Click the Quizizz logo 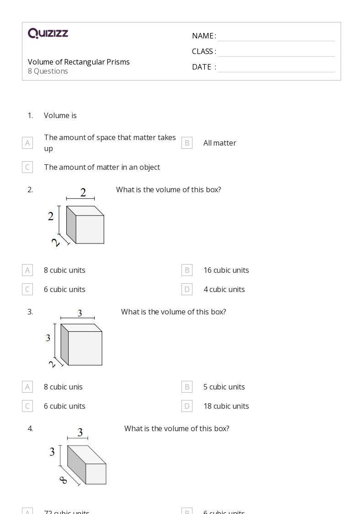[48, 33]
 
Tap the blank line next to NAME [276, 37]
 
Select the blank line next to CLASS [276, 52]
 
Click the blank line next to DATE [276, 68]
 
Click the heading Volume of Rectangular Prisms [79, 62]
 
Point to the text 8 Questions [48, 71]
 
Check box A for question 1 [27, 143]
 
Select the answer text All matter [219, 143]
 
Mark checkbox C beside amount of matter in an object [27, 167]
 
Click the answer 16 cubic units [226, 270]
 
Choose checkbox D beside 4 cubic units [187, 289]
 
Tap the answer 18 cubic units [226, 406]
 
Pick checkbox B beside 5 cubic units [187, 387]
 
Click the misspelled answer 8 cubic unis [63, 387]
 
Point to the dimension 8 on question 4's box [63, 479]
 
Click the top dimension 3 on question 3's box [80, 313]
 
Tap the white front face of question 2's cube [90, 229]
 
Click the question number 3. [30, 312]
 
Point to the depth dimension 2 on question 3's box [52, 364]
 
